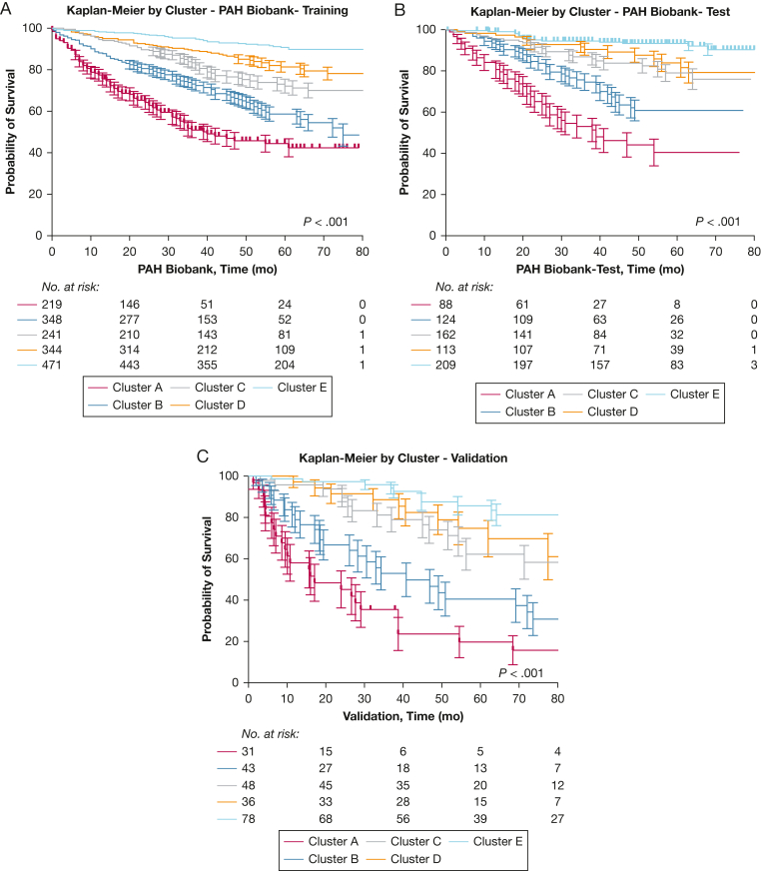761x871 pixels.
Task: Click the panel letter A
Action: click(8, 9)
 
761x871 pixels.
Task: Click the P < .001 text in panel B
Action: click(716, 221)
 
